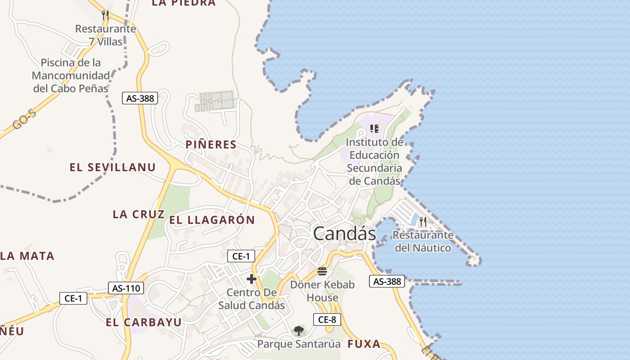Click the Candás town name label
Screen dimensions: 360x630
pyautogui.click(x=344, y=234)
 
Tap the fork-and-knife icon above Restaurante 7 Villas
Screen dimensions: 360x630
pyautogui.click(x=105, y=15)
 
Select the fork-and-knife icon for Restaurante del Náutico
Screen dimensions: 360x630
pyautogui.click(x=423, y=221)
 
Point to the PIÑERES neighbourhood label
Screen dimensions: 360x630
pyautogui.click(x=211, y=144)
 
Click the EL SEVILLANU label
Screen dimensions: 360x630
pyautogui.click(x=112, y=167)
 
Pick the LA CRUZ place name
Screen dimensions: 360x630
pyautogui.click(x=139, y=214)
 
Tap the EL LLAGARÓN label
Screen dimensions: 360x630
pyautogui.click(x=212, y=220)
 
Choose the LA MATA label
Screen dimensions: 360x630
pyautogui.click(x=27, y=256)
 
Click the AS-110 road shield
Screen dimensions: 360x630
pyautogui.click(x=126, y=288)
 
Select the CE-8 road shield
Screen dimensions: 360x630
pyautogui.click(x=327, y=319)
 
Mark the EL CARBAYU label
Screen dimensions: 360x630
pyautogui.click(x=144, y=322)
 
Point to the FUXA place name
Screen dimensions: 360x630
pyautogui.click(x=364, y=344)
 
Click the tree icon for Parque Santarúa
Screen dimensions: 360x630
pyautogui.click(x=298, y=331)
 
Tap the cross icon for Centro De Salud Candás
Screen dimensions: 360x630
pyautogui.click(x=252, y=279)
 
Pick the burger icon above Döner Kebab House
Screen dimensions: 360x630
pyautogui.click(x=322, y=271)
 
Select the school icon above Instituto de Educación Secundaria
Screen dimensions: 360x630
pyautogui.click(x=374, y=129)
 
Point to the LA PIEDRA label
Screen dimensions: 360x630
pyautogui.click(x=184, y=3)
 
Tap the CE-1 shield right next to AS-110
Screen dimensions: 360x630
pyautogui.click(x=73, y=298)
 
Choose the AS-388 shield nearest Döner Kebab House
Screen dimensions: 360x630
pyautogui.click(x=387, y=281)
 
